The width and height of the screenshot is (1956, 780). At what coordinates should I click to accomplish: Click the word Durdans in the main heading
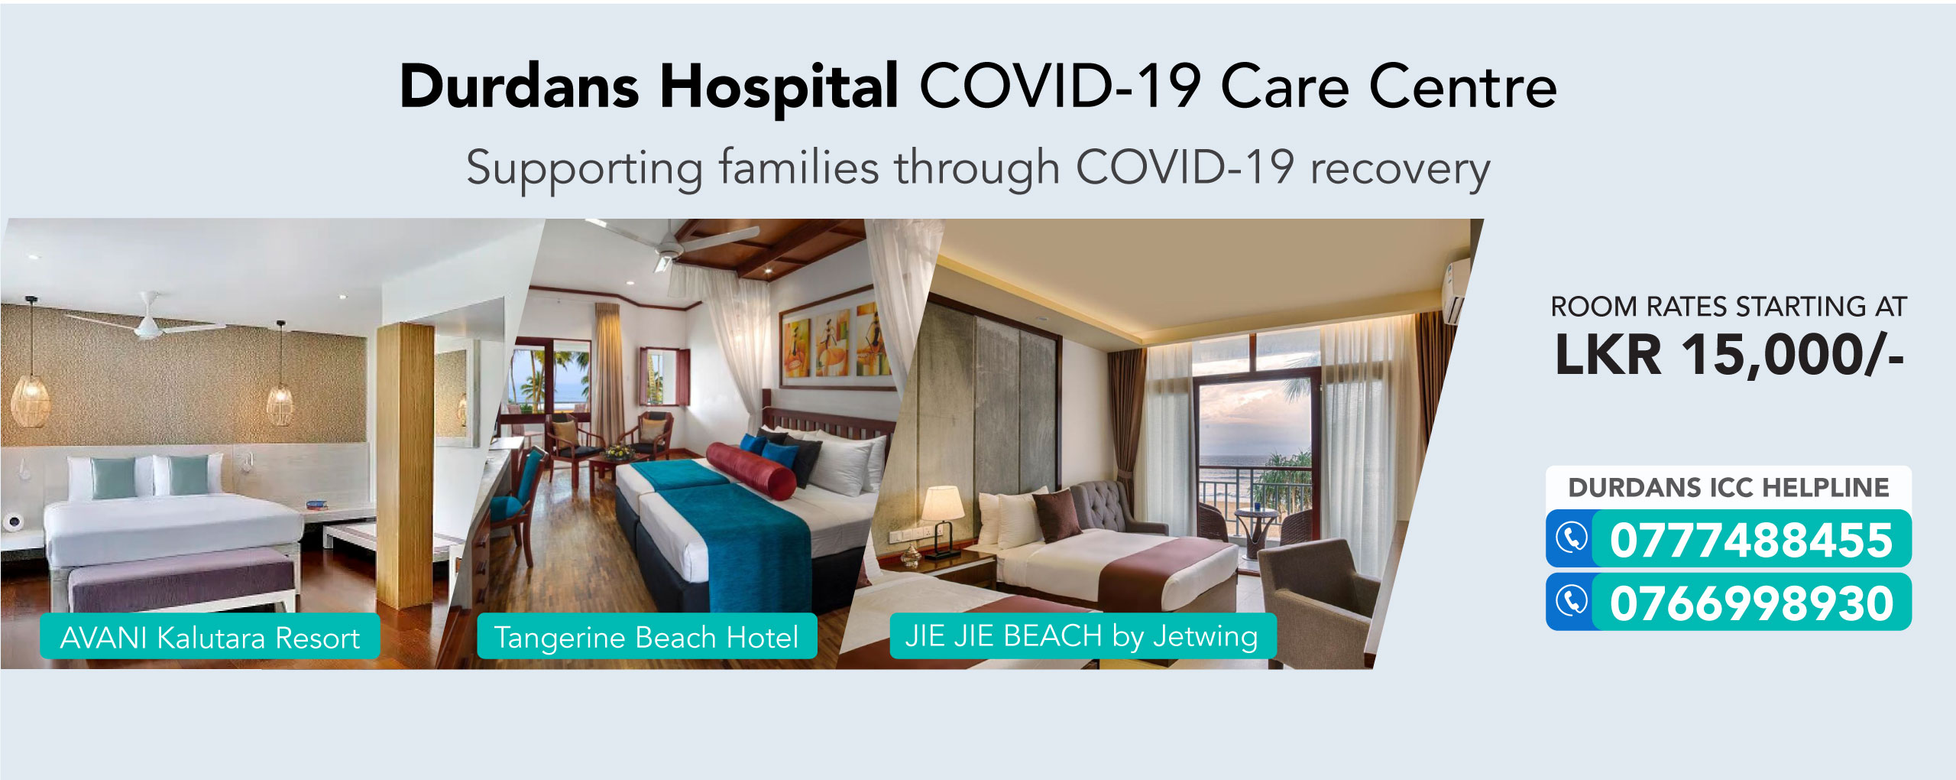pyautogui.click(x=520, y=86)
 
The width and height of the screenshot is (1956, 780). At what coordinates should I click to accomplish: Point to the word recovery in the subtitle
pyautogui.click(x=1400, y=170)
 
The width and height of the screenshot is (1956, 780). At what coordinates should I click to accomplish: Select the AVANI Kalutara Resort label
pyautogui.click(x=210, y=636)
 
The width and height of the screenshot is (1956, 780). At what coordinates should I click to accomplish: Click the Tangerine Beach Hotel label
pyautogui.click(x=647, y=636)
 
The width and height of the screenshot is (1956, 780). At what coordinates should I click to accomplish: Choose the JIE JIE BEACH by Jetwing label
pyautogui.click(x=1083, y=635)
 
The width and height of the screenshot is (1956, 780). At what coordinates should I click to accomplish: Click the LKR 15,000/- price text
pyautogui.click(x=1729, y=354)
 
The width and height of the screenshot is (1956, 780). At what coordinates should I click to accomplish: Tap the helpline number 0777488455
pyautogui.click(x=1751, y=540)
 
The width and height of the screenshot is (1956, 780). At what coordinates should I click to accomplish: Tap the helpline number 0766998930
pyautogui.click(x=1751, y=603)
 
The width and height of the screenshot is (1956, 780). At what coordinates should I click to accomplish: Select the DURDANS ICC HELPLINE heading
pyautogui.click(x=1728, y=487)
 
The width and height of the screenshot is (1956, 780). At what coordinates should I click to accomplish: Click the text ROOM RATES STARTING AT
pyautogui.click(x=1729, y=306)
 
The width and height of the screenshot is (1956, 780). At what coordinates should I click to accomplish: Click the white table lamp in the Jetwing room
pyautogui.click(x=944, y=520)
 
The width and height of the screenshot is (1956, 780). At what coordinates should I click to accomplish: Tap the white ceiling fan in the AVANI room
pyautogui.click(x=150, y=320)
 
